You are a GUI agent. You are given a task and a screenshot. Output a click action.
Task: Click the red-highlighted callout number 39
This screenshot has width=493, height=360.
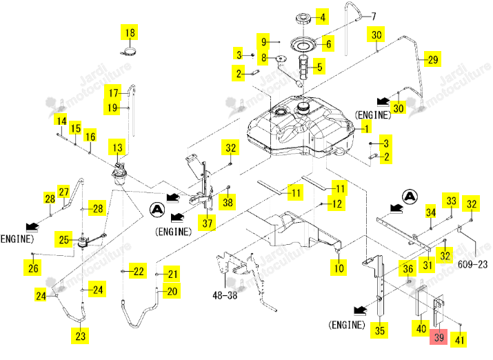pos(439,337)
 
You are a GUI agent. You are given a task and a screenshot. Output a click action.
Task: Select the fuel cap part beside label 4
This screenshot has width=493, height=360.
pos(303,18)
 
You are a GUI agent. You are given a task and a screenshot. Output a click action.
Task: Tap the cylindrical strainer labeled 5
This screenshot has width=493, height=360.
pos(303,68)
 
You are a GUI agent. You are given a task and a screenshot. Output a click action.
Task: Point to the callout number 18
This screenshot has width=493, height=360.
pos(130,32)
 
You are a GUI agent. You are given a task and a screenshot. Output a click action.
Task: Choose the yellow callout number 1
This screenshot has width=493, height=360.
pos(366,128)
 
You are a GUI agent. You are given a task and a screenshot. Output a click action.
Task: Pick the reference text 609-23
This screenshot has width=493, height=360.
pos(472,264)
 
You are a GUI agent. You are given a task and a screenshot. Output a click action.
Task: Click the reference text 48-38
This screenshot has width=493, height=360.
pos(225,295)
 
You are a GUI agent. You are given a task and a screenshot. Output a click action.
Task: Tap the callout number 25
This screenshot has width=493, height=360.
pos(63,239)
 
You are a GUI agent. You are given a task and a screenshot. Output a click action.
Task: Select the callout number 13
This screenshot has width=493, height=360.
pos(117,148)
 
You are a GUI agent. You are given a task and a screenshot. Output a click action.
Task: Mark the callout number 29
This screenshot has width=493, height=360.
pos(433,59)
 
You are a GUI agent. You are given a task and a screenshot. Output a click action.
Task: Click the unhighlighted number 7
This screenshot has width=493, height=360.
pos(374,16)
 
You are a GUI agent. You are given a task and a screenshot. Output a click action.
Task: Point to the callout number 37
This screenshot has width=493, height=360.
pos(208,223)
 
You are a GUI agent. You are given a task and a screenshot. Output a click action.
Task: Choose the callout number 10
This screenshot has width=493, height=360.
pos(339,268)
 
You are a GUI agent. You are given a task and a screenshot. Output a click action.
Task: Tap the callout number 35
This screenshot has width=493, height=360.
pos(379,330)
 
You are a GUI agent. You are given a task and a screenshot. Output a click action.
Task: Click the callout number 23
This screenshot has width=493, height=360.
pos(80,336)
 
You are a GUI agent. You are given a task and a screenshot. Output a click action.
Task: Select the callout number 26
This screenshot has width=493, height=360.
pos(33,268)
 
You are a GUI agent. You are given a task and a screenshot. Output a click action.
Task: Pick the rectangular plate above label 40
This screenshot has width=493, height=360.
pos(421,301)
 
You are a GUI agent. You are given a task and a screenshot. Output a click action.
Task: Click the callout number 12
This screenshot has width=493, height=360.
pos(336,203)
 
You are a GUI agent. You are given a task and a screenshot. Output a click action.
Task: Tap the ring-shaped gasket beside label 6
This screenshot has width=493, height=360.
pos(303,44)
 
